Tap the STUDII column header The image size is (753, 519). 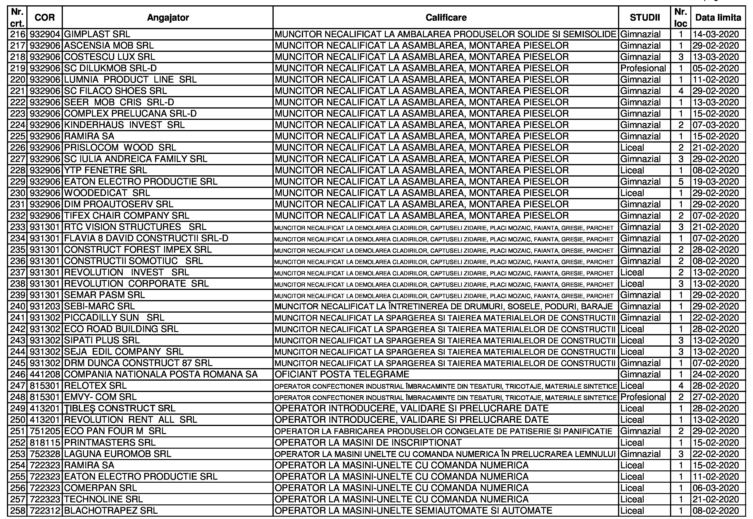645,18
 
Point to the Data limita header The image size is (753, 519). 718,18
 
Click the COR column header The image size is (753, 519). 45,18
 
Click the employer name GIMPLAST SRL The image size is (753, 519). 97,34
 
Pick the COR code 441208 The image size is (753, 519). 45,375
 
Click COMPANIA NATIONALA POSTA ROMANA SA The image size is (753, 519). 161,375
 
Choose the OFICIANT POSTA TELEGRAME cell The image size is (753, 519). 342,375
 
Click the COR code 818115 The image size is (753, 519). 45,443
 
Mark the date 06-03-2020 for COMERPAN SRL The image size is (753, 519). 716,488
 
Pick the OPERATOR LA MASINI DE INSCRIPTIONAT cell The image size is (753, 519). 368,443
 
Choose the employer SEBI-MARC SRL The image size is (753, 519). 99,306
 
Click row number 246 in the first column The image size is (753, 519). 18,375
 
